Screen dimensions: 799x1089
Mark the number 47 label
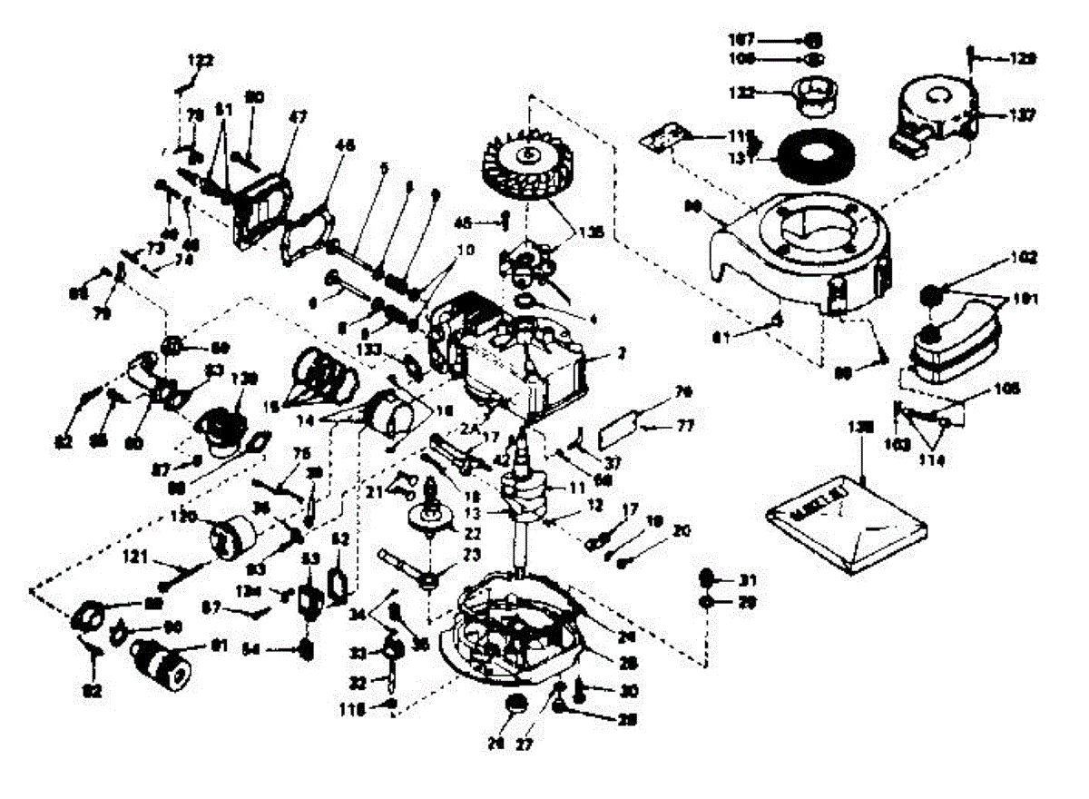(299, 116)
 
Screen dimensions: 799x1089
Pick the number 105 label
(1006, 389)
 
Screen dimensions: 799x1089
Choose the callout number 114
(932, 461)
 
